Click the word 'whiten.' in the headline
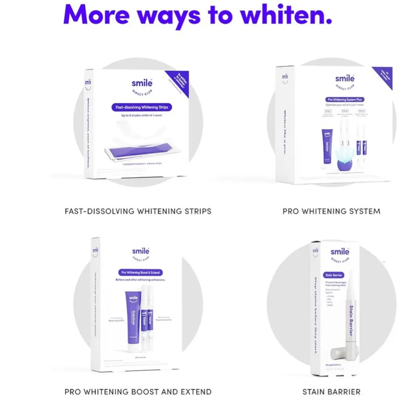coord(286,15)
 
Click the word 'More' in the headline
coord(97,15)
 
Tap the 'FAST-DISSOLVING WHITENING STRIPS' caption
coord(138,211)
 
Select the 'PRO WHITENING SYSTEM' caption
coord(331,211)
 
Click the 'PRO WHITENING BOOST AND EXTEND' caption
coord(138,392)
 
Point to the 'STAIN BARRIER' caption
coord(331,392)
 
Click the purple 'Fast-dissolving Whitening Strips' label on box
coord(142,107)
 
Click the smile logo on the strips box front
coord(142,83)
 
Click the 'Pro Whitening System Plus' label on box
coord(345,99)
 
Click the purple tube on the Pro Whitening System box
coord(327,146)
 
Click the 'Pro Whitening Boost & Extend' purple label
coord(141,272)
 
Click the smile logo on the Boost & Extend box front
coord(140,251)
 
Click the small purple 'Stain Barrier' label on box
coord(334,275)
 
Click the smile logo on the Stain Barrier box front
coord(340,252)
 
